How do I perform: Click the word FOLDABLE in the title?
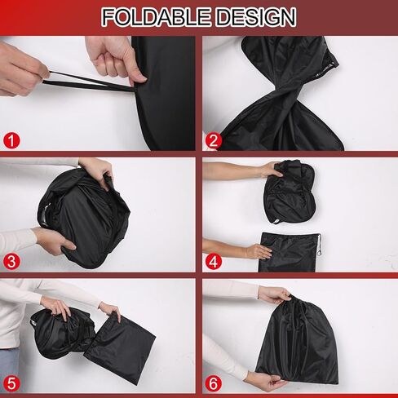coord(157,17)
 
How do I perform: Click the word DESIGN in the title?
coord(257,17)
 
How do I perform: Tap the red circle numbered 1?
coord(11,140)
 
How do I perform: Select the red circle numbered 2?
coord(214,140)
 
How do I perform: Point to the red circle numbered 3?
coord(11,262)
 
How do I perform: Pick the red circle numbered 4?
coord(214,262)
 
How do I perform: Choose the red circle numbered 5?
coord(11,383)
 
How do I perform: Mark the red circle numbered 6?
coord(214,383)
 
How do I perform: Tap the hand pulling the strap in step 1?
coord(23,69)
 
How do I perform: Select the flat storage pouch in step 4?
coord(290,252)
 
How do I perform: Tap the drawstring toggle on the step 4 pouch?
coord(319,245)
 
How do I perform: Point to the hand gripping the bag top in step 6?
coord(276,295)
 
